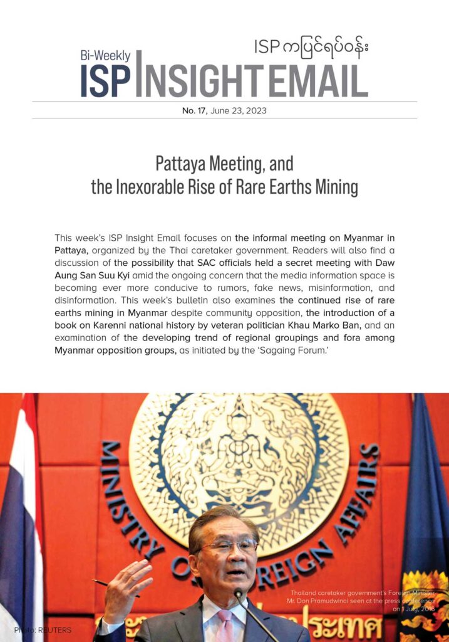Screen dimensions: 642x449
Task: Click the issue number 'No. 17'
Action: click(194, 110)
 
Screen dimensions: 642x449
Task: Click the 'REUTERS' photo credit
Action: click(56, 629)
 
